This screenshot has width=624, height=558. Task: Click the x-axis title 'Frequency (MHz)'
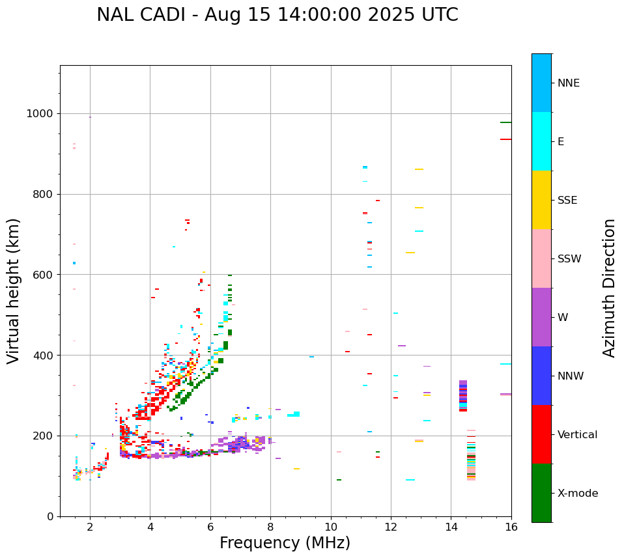[285, 543]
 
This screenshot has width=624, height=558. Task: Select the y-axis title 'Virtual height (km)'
[14, 290]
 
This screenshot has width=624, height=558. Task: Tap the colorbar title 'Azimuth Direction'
[609, 288]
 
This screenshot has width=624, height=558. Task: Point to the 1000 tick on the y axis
[40, 113]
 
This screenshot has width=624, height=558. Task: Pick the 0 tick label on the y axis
[50, 516]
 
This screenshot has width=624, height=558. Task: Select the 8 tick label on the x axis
[271, 527]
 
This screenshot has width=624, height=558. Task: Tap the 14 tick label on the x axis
[451, 527]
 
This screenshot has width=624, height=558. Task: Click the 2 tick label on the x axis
[90, 527]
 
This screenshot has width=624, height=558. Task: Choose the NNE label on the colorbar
[568, 83]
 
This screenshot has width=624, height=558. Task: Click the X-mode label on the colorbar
[577, 494]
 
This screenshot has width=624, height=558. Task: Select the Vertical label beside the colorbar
[577, 435]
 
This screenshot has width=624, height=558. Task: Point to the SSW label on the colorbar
[569, 259]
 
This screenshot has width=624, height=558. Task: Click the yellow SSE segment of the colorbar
[541, 200]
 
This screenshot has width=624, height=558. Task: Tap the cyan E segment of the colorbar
[541, 141]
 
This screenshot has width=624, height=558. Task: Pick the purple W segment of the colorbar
[541, 317]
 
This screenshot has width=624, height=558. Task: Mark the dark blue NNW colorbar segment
[541, 376]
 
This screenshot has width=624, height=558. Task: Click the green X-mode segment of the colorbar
[541, 493]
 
